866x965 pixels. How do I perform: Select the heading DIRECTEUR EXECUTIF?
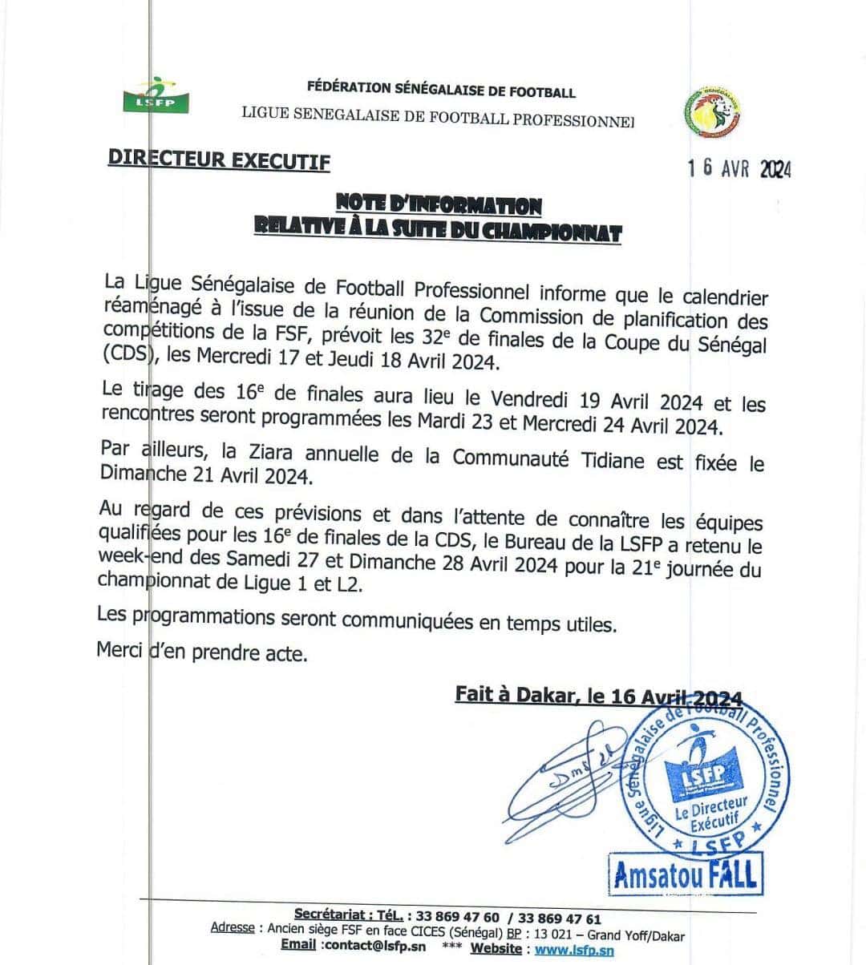[219, 159]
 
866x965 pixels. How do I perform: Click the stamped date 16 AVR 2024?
[739, 168]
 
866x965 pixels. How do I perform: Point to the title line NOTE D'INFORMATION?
[438, 206]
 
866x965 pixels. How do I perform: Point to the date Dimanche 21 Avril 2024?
[204, 474]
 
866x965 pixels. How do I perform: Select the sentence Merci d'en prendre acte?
[201, 652]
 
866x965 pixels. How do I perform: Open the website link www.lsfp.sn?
[574, 950]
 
